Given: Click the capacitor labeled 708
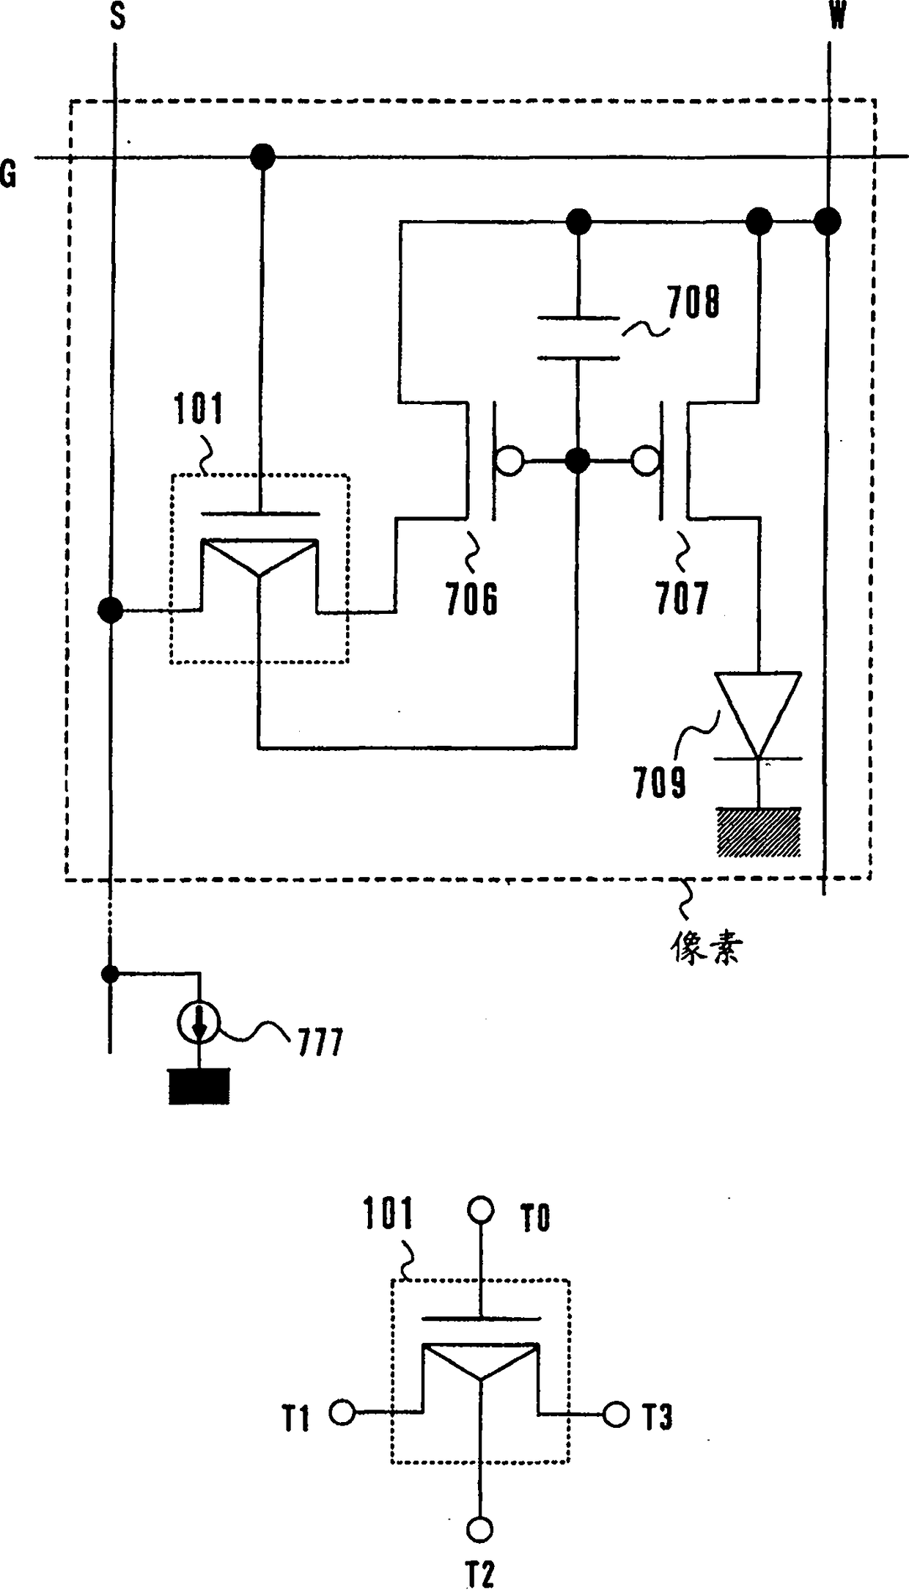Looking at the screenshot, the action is coord(578,337).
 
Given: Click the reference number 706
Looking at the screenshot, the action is coord(471,598).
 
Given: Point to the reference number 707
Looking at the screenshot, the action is coord(682,598).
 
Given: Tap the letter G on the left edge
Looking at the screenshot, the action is coord(8,175).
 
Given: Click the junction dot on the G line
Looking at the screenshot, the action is coord(262,156).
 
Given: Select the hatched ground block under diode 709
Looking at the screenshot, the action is coord(759,832).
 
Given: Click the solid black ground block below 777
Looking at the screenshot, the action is coord(199,1086).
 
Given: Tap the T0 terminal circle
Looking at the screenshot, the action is coord(481,1209).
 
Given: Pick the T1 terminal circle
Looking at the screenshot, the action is coord(342,1411).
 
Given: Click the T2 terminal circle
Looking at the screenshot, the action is coord(479,1528).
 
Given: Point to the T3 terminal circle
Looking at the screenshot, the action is coord(616,1413).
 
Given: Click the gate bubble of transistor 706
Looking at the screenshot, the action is coord(509,461).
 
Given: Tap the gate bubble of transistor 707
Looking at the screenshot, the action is coord(645,461).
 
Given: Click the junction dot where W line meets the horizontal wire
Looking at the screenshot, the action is coord(828,220).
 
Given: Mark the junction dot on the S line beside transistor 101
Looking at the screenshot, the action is coord(111,609).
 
